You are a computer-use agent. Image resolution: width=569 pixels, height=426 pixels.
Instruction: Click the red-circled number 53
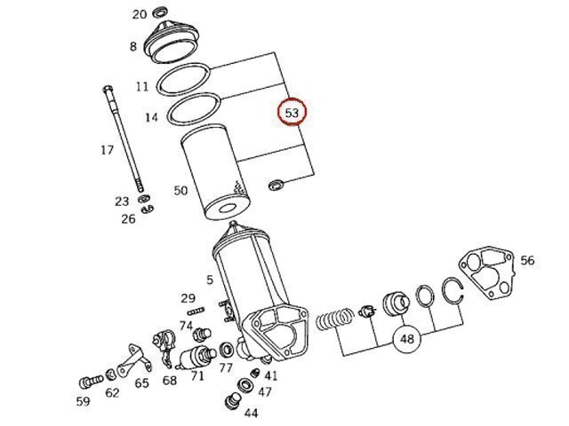point(293,113)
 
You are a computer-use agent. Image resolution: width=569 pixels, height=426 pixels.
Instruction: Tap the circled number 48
point(407,339)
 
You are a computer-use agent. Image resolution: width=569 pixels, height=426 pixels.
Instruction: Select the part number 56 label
point(527,260)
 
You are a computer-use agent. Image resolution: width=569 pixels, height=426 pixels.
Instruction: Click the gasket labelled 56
point(487,271)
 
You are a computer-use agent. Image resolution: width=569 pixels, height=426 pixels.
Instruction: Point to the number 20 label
point(140,14)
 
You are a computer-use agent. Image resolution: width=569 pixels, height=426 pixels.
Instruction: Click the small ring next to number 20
point(160,12)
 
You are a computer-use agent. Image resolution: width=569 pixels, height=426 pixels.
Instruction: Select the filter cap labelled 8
point(172,42)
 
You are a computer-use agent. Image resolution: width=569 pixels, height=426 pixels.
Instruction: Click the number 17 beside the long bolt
point(107,150)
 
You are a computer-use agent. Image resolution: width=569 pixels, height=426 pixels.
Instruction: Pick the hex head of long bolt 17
point(108,89)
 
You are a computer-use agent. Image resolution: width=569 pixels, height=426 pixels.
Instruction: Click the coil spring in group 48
point(334,319)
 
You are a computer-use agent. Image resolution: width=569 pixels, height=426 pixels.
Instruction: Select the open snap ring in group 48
point(453,290)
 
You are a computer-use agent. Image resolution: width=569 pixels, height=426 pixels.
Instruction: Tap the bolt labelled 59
point(91,382)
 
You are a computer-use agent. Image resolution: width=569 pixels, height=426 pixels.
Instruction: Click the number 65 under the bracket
point(142,383)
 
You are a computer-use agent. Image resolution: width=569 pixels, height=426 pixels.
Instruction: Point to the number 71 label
point(197,376)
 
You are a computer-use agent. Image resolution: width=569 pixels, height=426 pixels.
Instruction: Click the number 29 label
point(188,298)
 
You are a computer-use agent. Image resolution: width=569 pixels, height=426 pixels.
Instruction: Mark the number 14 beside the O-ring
point(152,117)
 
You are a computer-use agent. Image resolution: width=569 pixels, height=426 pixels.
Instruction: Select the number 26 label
point(128,219)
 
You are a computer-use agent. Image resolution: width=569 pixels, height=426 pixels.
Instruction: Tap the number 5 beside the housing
point(210,280)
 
